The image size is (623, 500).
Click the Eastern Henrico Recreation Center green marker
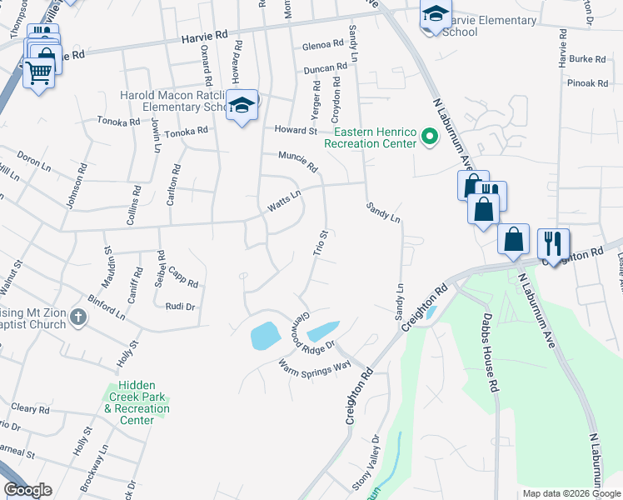tap(430, 136)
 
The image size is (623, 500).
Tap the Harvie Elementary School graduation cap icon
tap(434, 15)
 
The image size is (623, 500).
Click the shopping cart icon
tap(38, 73)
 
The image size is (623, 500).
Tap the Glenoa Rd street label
tap(324, 44)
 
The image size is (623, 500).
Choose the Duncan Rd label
tap(325, 68)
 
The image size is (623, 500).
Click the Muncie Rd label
tap(298, 162)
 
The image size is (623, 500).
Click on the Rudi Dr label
tap(180, 307)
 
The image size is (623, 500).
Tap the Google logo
tap(27, 490)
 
